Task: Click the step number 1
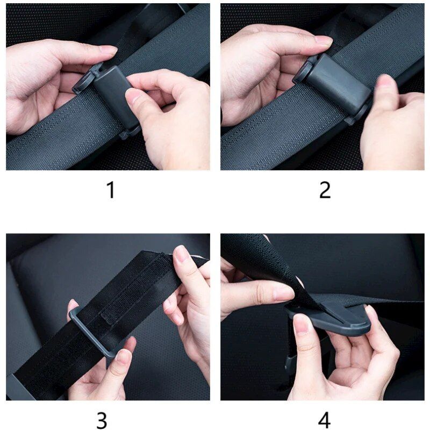111,190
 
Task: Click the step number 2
325,190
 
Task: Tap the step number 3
102,420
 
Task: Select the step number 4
324,420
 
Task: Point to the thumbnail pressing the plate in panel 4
302,324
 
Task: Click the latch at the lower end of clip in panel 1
129,131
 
